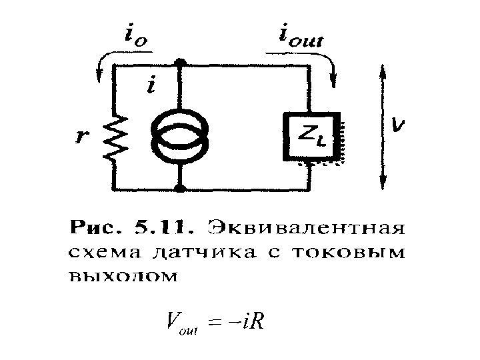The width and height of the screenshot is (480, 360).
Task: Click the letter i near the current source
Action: tap(153, 85)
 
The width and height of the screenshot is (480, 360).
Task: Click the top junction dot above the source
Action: tap(179, 65)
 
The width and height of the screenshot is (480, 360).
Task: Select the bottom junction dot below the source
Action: tap(179, 189)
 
